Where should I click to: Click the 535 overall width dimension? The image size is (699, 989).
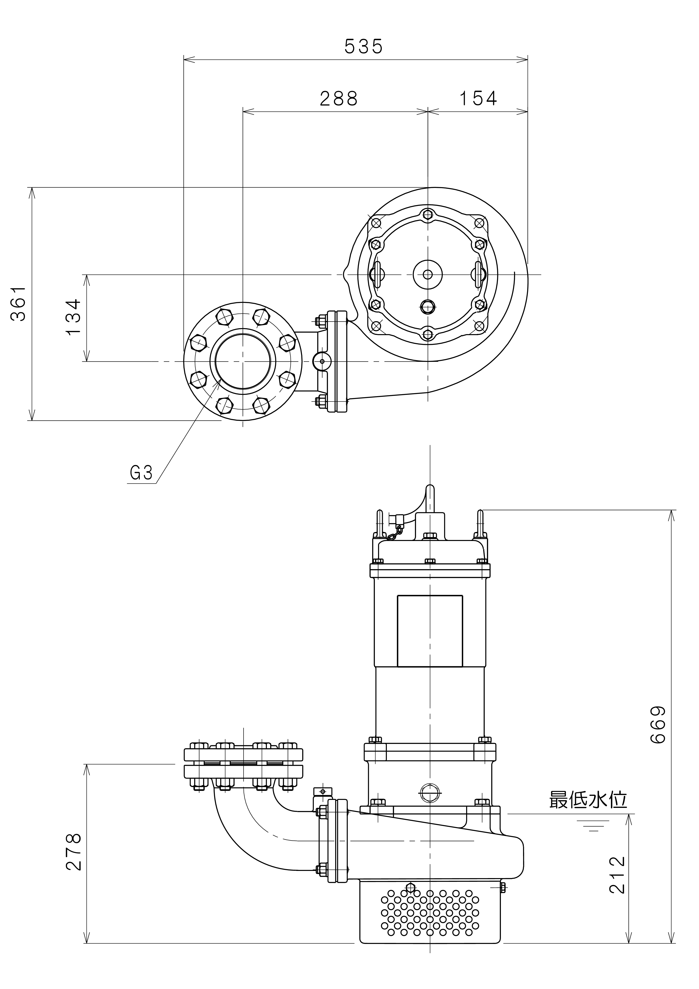click(x=363, y=46)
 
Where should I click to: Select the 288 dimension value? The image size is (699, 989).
click(x=339, y=99)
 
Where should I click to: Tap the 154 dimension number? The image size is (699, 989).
click(x=478, y=99)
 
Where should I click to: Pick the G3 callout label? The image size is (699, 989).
click(x=141, y=473)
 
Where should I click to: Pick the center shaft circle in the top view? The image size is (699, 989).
click(x=428, y=274)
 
